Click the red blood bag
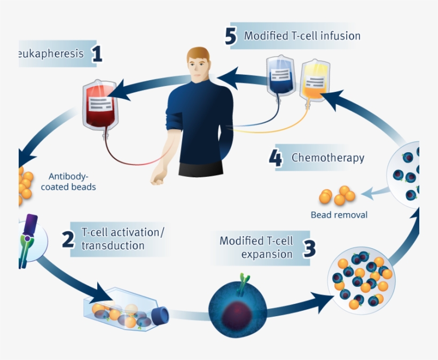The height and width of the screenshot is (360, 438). click(x=99, y=105)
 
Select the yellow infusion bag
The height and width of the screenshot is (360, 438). click(x=312, y=80)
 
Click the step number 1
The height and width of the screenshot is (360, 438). click(x=96, y=54)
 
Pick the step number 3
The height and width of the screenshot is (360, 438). click(x=310, y=248)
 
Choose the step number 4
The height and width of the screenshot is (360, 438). click(x=276, y=159)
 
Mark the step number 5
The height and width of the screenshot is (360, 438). click(x=231, y=36)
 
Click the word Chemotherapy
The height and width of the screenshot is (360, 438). click(x=327, y=158)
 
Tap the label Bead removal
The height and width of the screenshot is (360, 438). click(x=339, y=215)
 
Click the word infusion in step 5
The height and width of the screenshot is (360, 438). click(x=341, y=36)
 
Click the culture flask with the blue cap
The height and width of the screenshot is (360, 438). click(x=126, y=312)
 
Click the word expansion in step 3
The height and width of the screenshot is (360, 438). click(x=267, y=254)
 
